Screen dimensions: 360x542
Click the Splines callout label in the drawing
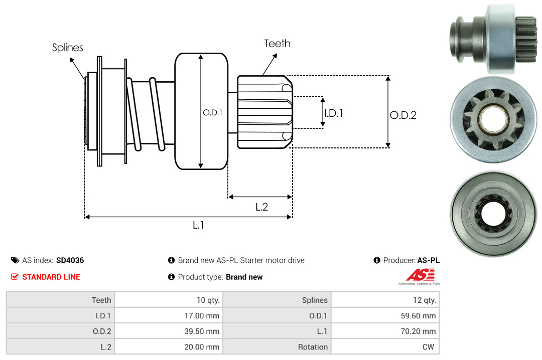click(68, 48)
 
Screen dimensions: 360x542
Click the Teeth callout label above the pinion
click(277, 44)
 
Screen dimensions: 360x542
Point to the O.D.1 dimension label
click(212, 113)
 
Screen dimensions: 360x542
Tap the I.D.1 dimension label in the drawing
click(334, 113)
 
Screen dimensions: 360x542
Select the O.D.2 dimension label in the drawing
click(403, 115)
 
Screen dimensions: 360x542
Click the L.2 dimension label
click(261, 207)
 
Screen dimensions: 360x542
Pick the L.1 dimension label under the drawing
click(199, 225)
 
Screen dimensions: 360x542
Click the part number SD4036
click(70, 260)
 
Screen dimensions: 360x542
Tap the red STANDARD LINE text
click(51, 277)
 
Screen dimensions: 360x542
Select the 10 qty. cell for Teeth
click(207, 300)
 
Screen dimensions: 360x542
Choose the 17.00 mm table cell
click(203, 316)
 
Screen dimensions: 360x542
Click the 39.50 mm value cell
click(203, 331)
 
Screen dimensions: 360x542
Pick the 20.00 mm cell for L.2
click(203, 347)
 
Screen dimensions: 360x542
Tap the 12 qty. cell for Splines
click(424, 300)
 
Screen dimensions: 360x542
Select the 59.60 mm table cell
click(420, 316)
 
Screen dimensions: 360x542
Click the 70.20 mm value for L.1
click(420, 331)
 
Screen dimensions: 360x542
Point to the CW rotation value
click(430, 347)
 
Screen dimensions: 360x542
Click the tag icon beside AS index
click(15, 260)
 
